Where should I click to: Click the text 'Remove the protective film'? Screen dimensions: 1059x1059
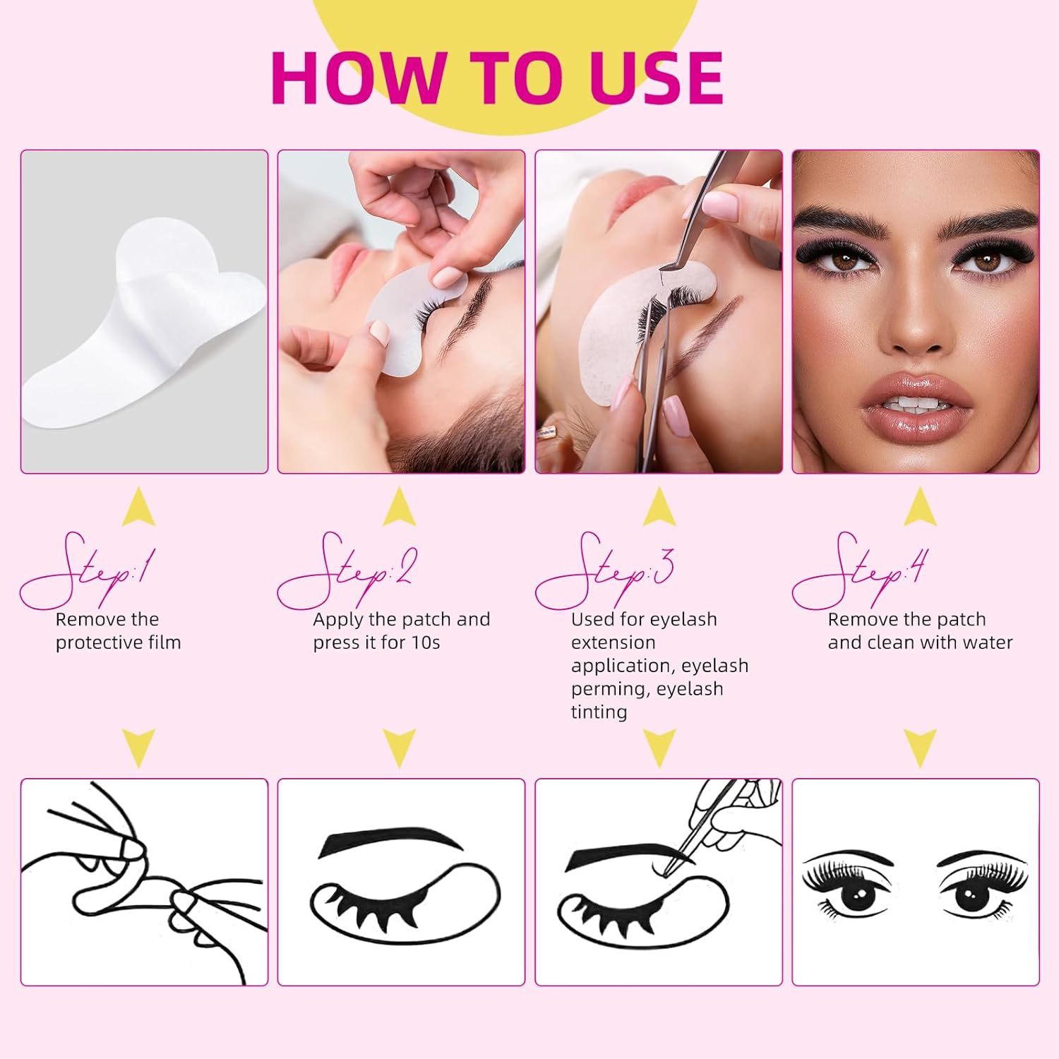[x=118, y=630]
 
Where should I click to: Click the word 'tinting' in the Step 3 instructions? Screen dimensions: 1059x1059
[x=599, y=712]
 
